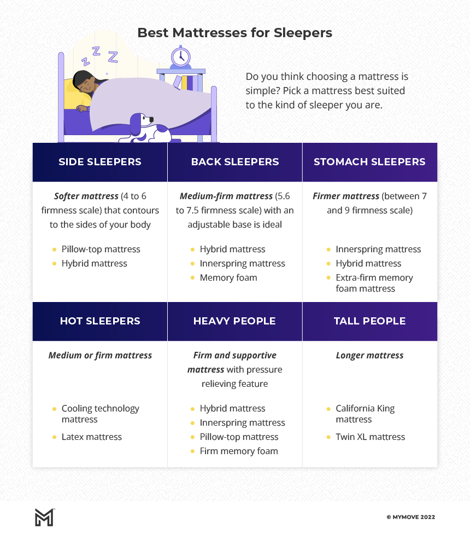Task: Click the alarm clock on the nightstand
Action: pyautogui.click(x=180, y=57)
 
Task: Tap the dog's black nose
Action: pyautogui.click(x=151, y=119)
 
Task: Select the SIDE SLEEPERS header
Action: pyautogui.click(x=100, y=162)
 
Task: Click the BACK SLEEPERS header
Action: pyautogui.click(x=235, y=162)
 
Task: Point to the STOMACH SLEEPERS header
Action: pyautogui.click(x=369, y=162)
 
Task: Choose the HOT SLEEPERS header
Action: pyautogui.click(x=100, y=321)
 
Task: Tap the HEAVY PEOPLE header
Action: pyautogui.click(x=234, y=321)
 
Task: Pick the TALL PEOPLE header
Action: pyautogui.click(x=369, y=321)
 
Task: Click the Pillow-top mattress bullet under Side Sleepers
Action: pyautogui.click(x=101, y=249)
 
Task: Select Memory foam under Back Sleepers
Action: pyautogui.click(x=228, y=277)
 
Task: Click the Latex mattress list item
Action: pyautogui.click(x=91, y=437)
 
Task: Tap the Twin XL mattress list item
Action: pyautogui.click(x=371, y=437)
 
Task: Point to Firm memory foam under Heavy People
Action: pyautogui.click(x=239, y=451)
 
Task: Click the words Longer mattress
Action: pyautogui.click(x=369, y=356)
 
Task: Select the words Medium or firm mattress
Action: pyautogui.click(x=100, y=356)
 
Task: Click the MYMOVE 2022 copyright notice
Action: pyautogui.click(x=411, y=517)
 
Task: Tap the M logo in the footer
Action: pyautogui.click(x=45, y=518)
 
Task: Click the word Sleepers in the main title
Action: pyautogui.click(x=303, y=33)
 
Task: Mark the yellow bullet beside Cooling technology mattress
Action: pyautogui.click(x=54, y=409)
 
